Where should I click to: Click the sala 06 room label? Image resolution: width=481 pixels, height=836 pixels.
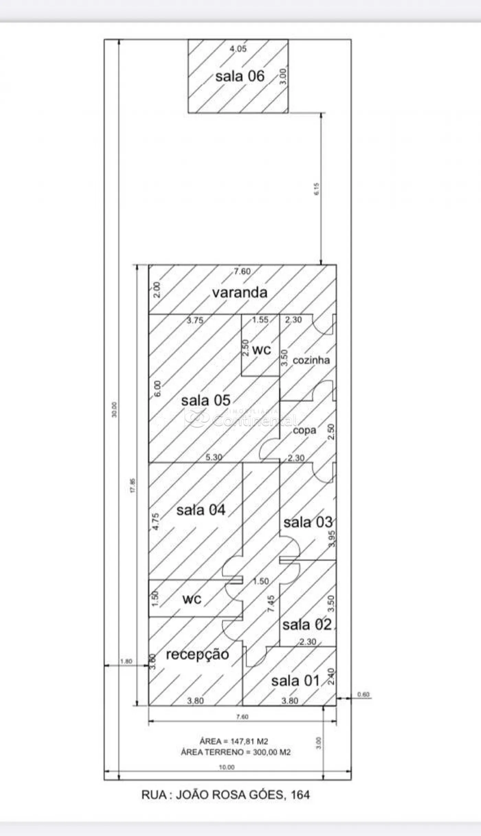(x=240, y=76)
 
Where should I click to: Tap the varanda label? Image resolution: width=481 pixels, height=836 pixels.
(x=239, y=292)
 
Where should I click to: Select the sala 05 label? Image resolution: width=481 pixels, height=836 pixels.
(x=205, y=400)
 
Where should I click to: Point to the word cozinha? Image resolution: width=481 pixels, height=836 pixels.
(x=311, y=360)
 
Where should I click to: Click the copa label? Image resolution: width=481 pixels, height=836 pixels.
(x=304, y=430)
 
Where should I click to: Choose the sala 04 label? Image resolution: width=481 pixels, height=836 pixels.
(x=201, y=510)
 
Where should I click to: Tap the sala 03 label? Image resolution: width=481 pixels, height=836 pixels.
(x=307, y=522)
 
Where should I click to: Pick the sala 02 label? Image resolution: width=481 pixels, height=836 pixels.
(x=307, y=624)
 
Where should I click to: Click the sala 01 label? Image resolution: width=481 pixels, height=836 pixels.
(x=295, y=681)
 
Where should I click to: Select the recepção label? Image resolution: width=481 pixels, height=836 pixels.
(x=198, y=655)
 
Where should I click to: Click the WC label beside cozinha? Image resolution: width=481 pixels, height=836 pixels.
(x=261, y=350)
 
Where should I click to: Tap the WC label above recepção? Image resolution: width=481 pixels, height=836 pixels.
(x=192, y=600)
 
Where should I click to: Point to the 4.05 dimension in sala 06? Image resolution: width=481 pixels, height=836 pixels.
(x=238, y=49)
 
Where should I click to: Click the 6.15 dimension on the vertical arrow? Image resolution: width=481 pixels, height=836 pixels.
(x=316, y=189)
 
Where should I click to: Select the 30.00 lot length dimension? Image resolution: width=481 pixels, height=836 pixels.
(x=114, y=410)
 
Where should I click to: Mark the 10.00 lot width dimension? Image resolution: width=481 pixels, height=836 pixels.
(x=227, y=767)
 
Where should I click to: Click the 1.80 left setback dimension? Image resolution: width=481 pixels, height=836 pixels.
(x=126, y=661)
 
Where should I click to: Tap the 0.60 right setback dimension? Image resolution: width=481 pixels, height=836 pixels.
(x=363, y=694)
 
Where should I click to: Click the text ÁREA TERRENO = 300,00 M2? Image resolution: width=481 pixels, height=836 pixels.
(x=236, y=752)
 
